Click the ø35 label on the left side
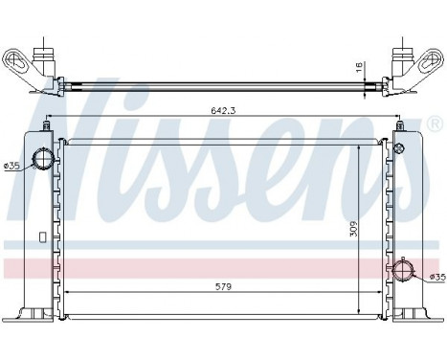click(x=11, y=167)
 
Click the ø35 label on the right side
click(x=436, y=278)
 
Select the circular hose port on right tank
click(x=404, y=271)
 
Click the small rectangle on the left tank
click(x=40, y=237)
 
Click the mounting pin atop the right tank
click(x=399, y=124)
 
